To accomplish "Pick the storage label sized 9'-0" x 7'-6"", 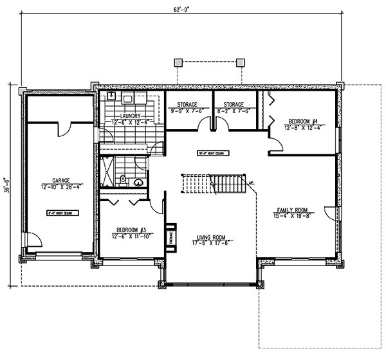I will coord(187,104).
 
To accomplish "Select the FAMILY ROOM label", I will coord(292,210).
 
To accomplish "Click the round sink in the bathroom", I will coord(137,182).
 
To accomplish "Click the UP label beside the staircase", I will coord(252,182).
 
